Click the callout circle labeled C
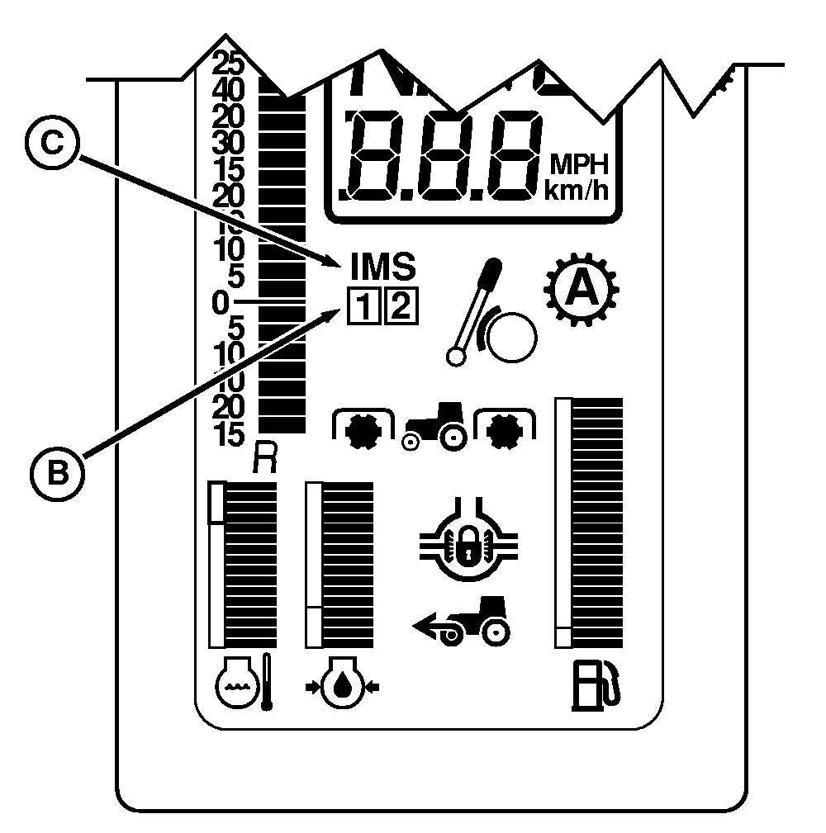coord(51,142)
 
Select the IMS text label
coord(383,266)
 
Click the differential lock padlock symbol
coord(469,544)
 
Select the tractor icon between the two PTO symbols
coord(434,426)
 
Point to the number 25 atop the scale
coord(226,63)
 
